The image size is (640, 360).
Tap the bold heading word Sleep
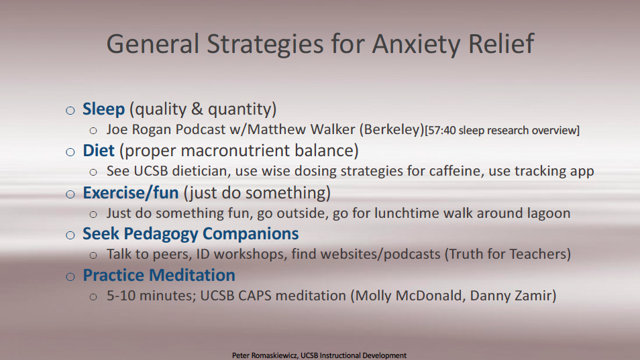pyautogui.click(x=104, y=109)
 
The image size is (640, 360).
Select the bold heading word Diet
pyautogui.click(x=99, y=150)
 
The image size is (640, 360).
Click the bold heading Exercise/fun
pyautogui.click(x=131, y=192)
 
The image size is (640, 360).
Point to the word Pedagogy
pyautogui.click(x=160, y=234)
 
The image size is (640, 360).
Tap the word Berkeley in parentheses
pyautogui.click(x=392, y=129)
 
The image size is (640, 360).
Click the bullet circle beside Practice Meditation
pyautogui.click(x=70, y=277)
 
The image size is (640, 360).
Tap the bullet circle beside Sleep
pyautogui.click(x=70, y=111)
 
